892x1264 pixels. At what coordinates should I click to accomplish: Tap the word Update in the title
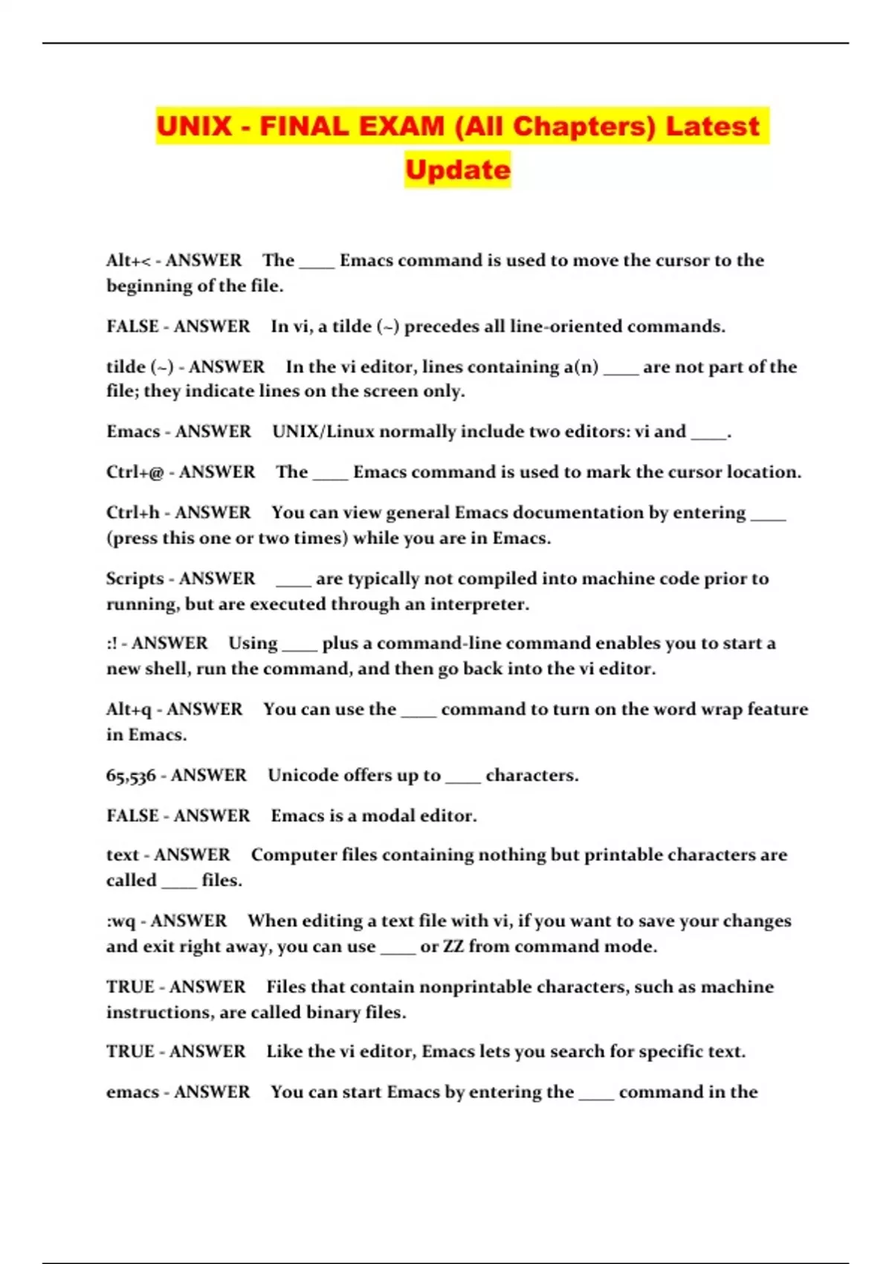tap(458, 170)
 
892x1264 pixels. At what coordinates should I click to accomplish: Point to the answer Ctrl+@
tap(135, 472)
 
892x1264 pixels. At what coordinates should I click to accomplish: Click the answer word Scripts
tap(135, 578)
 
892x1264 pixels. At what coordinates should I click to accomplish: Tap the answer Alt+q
tap(129, 709)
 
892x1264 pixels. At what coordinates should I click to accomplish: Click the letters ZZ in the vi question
tap(453, 947)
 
